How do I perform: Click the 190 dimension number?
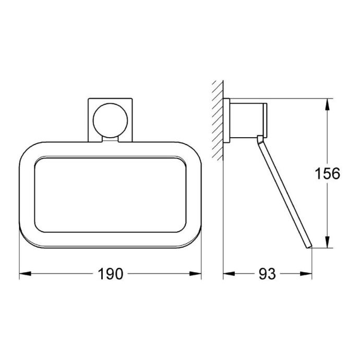pos(111,274)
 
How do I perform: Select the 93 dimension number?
pos(267,274)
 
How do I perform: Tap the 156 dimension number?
pos(328,173)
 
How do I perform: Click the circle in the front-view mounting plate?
pos(110,121)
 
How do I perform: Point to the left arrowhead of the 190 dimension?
pos(25,274)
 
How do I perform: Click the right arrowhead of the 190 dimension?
pos(195,274)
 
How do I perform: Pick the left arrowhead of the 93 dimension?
pos(229,274)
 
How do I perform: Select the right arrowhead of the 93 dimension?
pos(306,274)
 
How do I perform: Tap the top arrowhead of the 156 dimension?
pos(328,104)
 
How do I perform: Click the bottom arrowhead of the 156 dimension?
pos(328,242)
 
